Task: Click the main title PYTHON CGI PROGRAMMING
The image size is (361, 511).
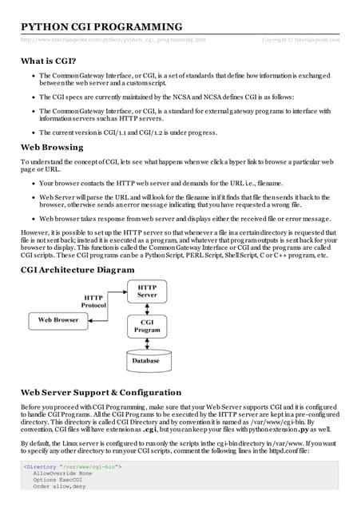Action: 101,27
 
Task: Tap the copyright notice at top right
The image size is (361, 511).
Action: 300,39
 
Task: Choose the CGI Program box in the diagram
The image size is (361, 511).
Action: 147,327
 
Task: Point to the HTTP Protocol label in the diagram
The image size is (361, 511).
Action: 94,301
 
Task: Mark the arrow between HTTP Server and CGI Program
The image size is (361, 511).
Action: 147,307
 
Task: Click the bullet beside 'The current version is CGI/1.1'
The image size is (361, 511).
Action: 30,133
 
